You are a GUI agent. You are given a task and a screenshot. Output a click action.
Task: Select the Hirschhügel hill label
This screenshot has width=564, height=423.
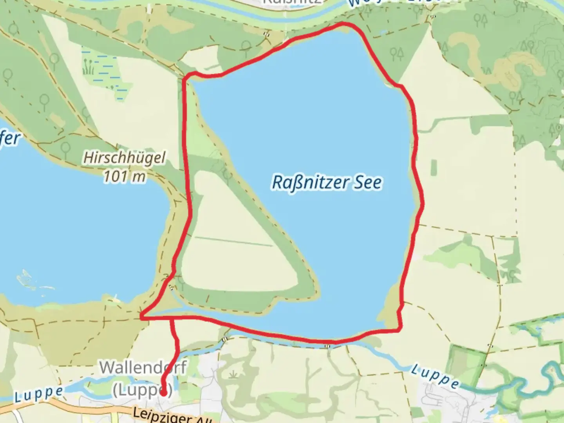point(124,158)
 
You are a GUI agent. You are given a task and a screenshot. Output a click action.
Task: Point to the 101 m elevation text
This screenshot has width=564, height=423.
point(124,177)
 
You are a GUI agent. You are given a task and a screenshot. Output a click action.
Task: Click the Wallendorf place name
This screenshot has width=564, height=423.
point(143,368)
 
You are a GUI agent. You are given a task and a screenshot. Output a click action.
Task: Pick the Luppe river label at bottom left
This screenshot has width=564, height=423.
point(38,394)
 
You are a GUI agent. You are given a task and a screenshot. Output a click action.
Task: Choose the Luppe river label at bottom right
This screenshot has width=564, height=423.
point(435,376)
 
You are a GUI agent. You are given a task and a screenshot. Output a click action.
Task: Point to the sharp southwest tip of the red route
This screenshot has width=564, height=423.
point(141,317)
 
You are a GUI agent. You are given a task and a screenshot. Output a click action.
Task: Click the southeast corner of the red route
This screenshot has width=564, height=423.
point(399,330)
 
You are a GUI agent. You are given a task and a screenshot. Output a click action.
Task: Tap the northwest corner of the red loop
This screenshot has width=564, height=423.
point(185,75)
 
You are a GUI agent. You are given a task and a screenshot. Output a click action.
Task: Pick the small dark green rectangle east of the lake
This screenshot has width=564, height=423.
point(434,167)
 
